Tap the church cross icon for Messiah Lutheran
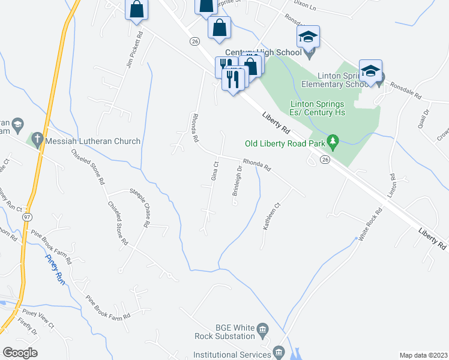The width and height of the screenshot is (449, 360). point(37,141)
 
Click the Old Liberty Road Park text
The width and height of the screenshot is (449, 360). point(285,143)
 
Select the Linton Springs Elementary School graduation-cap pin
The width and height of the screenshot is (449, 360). point(370,71)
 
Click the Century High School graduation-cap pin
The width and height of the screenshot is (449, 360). point(308,37)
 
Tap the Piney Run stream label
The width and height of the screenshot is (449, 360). point(55,269)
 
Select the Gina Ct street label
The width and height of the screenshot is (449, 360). point(214,171)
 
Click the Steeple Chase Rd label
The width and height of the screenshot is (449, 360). point(138,208)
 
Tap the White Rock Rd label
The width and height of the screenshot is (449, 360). point(370,224)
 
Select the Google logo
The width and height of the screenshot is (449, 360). point(19,352)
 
